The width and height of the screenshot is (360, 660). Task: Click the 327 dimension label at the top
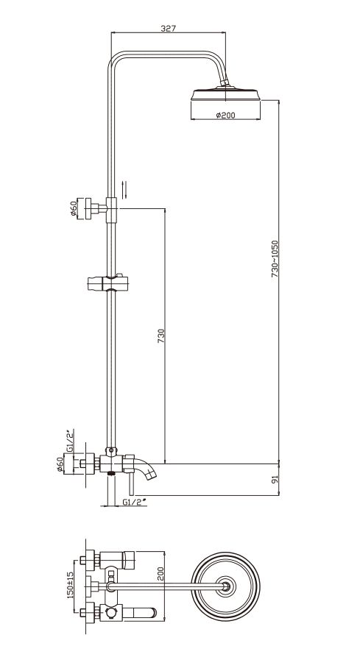point(169,28)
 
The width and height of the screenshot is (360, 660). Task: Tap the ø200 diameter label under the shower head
point(226,115)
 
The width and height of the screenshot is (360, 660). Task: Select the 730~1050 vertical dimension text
point(275,258)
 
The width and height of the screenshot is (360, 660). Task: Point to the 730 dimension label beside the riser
point(161,336)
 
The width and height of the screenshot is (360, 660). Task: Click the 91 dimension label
point(275,480)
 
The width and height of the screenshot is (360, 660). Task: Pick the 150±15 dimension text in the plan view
point(71,585)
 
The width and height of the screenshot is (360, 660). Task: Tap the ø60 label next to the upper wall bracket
point(74,208)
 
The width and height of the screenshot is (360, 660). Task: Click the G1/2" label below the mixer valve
point(134,502)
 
